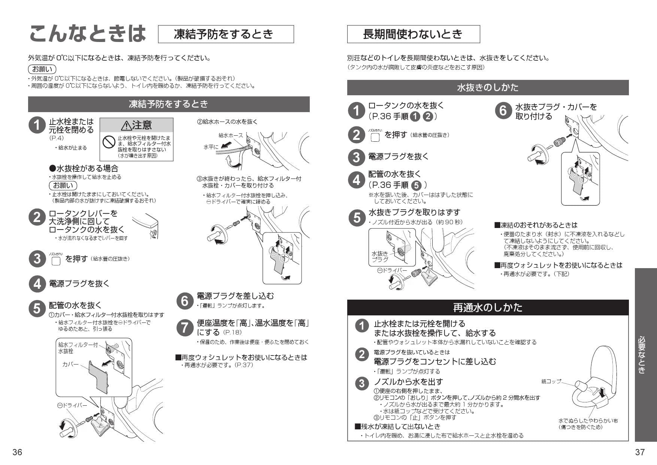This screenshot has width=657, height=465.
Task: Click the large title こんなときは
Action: pyautogui.click(x=87, y=34)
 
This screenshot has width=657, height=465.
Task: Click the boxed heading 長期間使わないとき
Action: pyautogui.click(x=413, y=34)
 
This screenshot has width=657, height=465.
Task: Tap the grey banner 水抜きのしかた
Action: pyautogui.click(x=488, y=87)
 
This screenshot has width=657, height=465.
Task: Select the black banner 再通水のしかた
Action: pyautogui.click(x=488, y=307)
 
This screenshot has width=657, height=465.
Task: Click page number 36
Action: pyautogui.click(x=17, y=452)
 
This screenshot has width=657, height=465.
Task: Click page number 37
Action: pyautogui.click(x=640, y=452)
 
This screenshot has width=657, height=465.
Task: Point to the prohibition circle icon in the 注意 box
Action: pyautogui.click(x=109, y=142)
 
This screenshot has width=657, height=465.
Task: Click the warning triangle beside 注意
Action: pyautogui.click(x=126, y=125)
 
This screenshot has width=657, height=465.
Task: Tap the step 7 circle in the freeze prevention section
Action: pyautogui.click(x=185, y=327)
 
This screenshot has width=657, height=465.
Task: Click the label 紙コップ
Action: pyautogui.click(x=551, y=381)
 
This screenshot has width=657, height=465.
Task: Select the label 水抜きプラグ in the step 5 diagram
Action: pyautogui.click(x=380, y=256)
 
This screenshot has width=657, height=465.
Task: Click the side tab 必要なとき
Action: pyautogui.click(x=645, y=355)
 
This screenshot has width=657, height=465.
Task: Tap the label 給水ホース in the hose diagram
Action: pyautogui.click(x=230, y=135)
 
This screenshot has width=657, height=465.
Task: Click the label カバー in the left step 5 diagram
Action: pyautogui.click(x=70, y=364)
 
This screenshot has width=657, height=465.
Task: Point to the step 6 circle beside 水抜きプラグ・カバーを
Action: pyautogui.click(x=503, y=111)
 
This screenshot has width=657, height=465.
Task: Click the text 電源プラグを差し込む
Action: pyautogui.click(x=235, y=296)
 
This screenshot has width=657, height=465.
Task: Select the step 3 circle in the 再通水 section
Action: pyautogui.click(x=361, y=383)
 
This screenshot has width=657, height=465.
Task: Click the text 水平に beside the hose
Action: pyautogui.click(x=211, y=147)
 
